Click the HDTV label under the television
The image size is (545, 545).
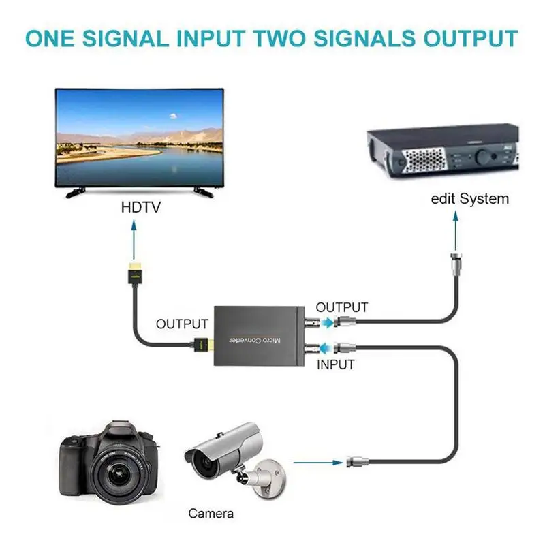coord(140,207)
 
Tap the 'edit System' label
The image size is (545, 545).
coord(470,199)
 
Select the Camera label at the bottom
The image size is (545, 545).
coord(211,514)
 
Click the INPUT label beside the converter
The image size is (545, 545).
coord(336,364)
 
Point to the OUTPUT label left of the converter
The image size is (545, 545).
coord(181,324)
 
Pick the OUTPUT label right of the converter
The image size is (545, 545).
coord(342,308)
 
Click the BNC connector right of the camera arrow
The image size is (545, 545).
coord(355,462)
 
